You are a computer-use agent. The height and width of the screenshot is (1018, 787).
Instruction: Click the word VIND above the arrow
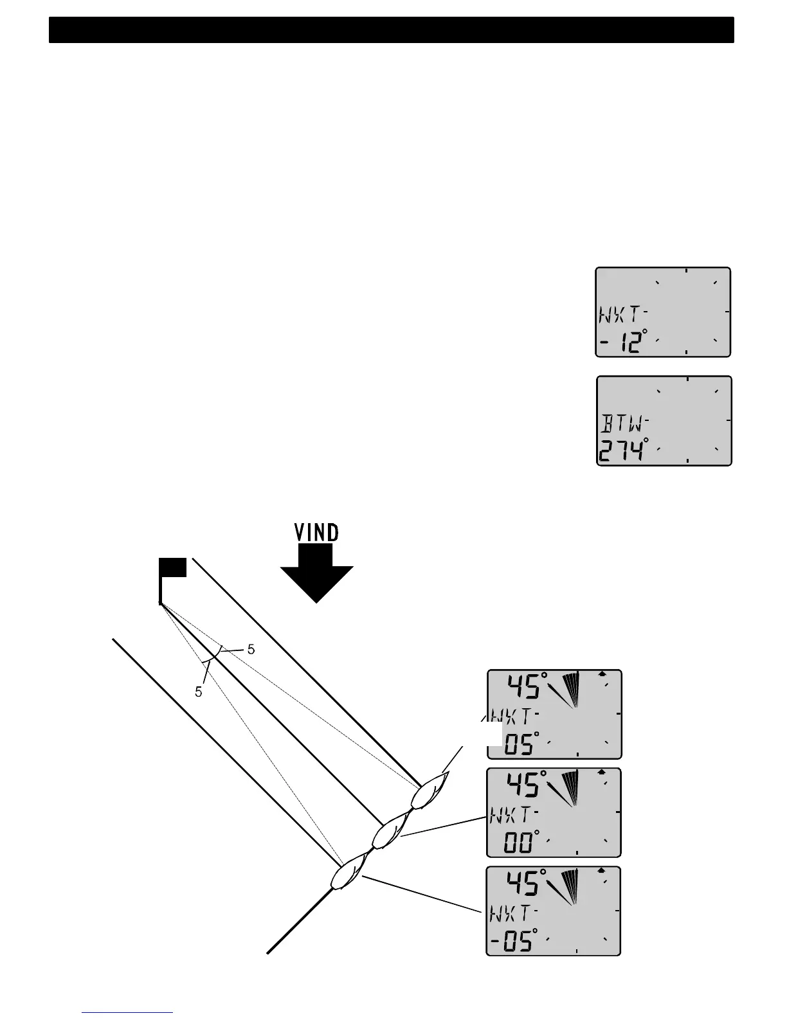point(316,533)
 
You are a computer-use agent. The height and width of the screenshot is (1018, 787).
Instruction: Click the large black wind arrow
point(316,575)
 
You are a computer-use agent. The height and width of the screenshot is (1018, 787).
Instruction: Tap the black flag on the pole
point(173,567)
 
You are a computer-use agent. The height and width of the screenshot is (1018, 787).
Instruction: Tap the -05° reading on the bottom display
point(513,942)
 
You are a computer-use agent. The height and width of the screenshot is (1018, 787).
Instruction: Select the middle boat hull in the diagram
point(387,834)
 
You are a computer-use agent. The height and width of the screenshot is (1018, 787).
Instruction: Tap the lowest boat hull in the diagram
point(346,875)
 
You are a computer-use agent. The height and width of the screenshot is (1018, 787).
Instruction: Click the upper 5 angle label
point(251,650)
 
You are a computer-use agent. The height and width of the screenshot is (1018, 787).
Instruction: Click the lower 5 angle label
point(199,692)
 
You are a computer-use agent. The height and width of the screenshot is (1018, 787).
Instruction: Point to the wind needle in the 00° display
point(565,790)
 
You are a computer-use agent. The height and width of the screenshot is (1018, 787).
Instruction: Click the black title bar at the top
point(391,30)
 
